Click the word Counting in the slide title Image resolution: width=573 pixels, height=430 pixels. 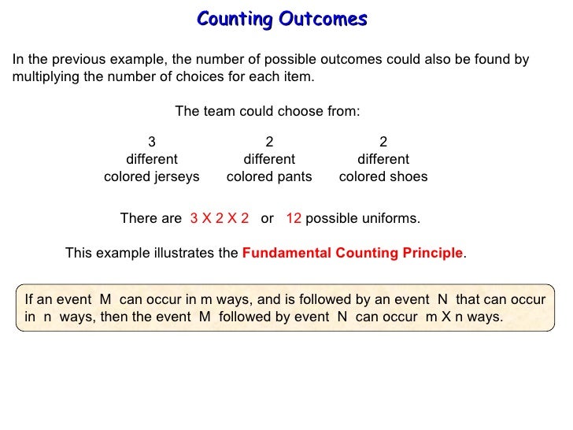tap(232, 18)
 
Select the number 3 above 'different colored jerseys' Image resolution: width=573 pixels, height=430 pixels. tap(152, 143)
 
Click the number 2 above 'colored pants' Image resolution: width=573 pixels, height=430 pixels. tap(269, 143)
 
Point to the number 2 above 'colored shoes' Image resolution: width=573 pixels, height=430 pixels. tap(383, 143)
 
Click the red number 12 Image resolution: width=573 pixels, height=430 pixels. tap(294, 218)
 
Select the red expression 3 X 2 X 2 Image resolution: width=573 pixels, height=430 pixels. tap(220, 218)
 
